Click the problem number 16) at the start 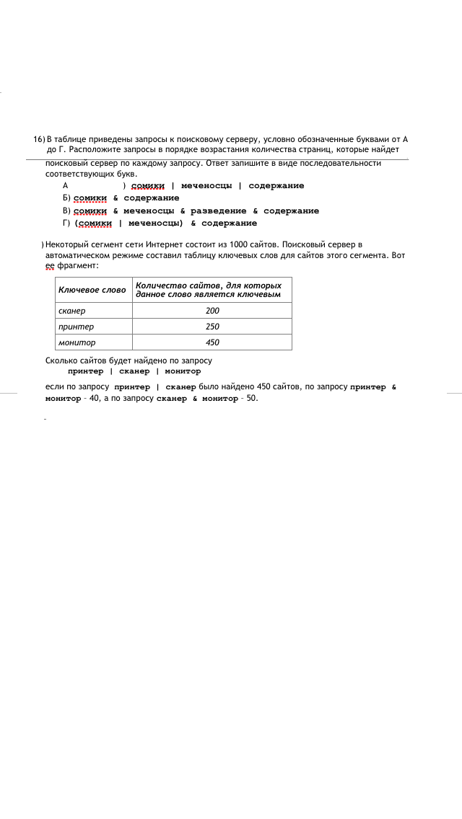click(x=39, y=138)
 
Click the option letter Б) click(x=67, y=198)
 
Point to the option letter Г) click(x=67, y=223)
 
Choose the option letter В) click(x=67, y=211)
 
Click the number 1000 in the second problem click(x=239, y=245)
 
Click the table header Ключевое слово click(x=92, y=290)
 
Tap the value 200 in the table click(x=212, y=311)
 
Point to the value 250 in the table click(x=212, y=327)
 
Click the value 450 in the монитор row click(x=212, y=342)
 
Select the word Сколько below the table click(x=62, y=360)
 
